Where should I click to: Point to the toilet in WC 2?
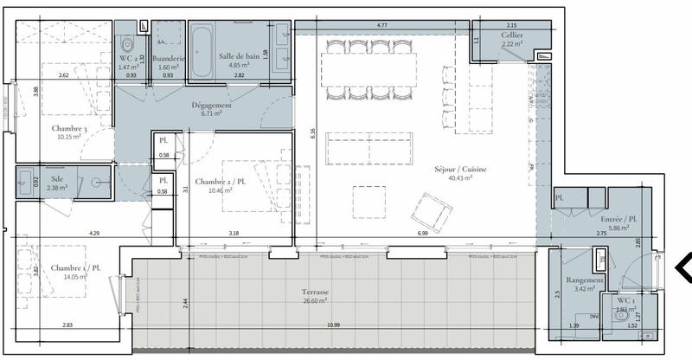pos(127,43)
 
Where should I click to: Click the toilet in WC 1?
pos(621,317)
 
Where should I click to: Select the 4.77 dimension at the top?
pos(381,27)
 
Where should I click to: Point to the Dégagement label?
pos(212,105)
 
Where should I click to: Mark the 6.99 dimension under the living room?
pos(422,234)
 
